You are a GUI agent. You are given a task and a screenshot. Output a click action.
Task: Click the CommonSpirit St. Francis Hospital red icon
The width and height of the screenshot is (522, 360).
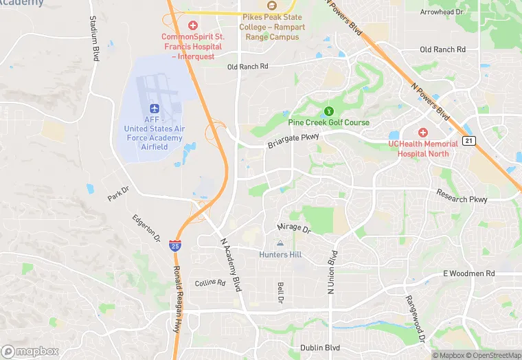pyautogui.click(x=193, y=25)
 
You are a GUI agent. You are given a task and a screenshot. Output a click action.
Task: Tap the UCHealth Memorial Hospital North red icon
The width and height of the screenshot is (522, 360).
pyautogui.click(x=423, y=131)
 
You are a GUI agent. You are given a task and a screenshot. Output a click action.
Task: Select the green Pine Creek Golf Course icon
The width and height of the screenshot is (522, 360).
pyautogui.click(x=328, y=111)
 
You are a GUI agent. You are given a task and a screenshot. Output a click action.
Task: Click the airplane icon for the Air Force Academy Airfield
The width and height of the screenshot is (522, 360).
pyautogui.click(x=154, y=109)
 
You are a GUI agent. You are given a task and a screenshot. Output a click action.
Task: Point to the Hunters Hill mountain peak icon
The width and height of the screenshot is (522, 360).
pyautogui.click(x=280, y=243)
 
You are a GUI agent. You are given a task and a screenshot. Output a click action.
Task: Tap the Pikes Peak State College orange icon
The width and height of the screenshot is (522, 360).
pyautogui.click(x=270, y=6)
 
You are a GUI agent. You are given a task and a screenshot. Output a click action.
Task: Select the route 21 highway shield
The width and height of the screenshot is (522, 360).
pyautogui.click(x=468, y=141)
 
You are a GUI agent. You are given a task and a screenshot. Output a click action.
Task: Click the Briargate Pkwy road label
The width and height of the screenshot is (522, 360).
pyautogui.click(x=293, y=141)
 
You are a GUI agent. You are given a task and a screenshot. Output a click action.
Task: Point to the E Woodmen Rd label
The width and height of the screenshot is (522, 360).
pyautogui.click(x=468, y=273)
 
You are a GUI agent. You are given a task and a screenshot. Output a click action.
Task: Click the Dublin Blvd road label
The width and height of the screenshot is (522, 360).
pyautogui.click(x=320, y=348)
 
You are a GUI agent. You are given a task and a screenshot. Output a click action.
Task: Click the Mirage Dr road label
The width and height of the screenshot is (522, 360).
pyautogui.click(x=294, y=227)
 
